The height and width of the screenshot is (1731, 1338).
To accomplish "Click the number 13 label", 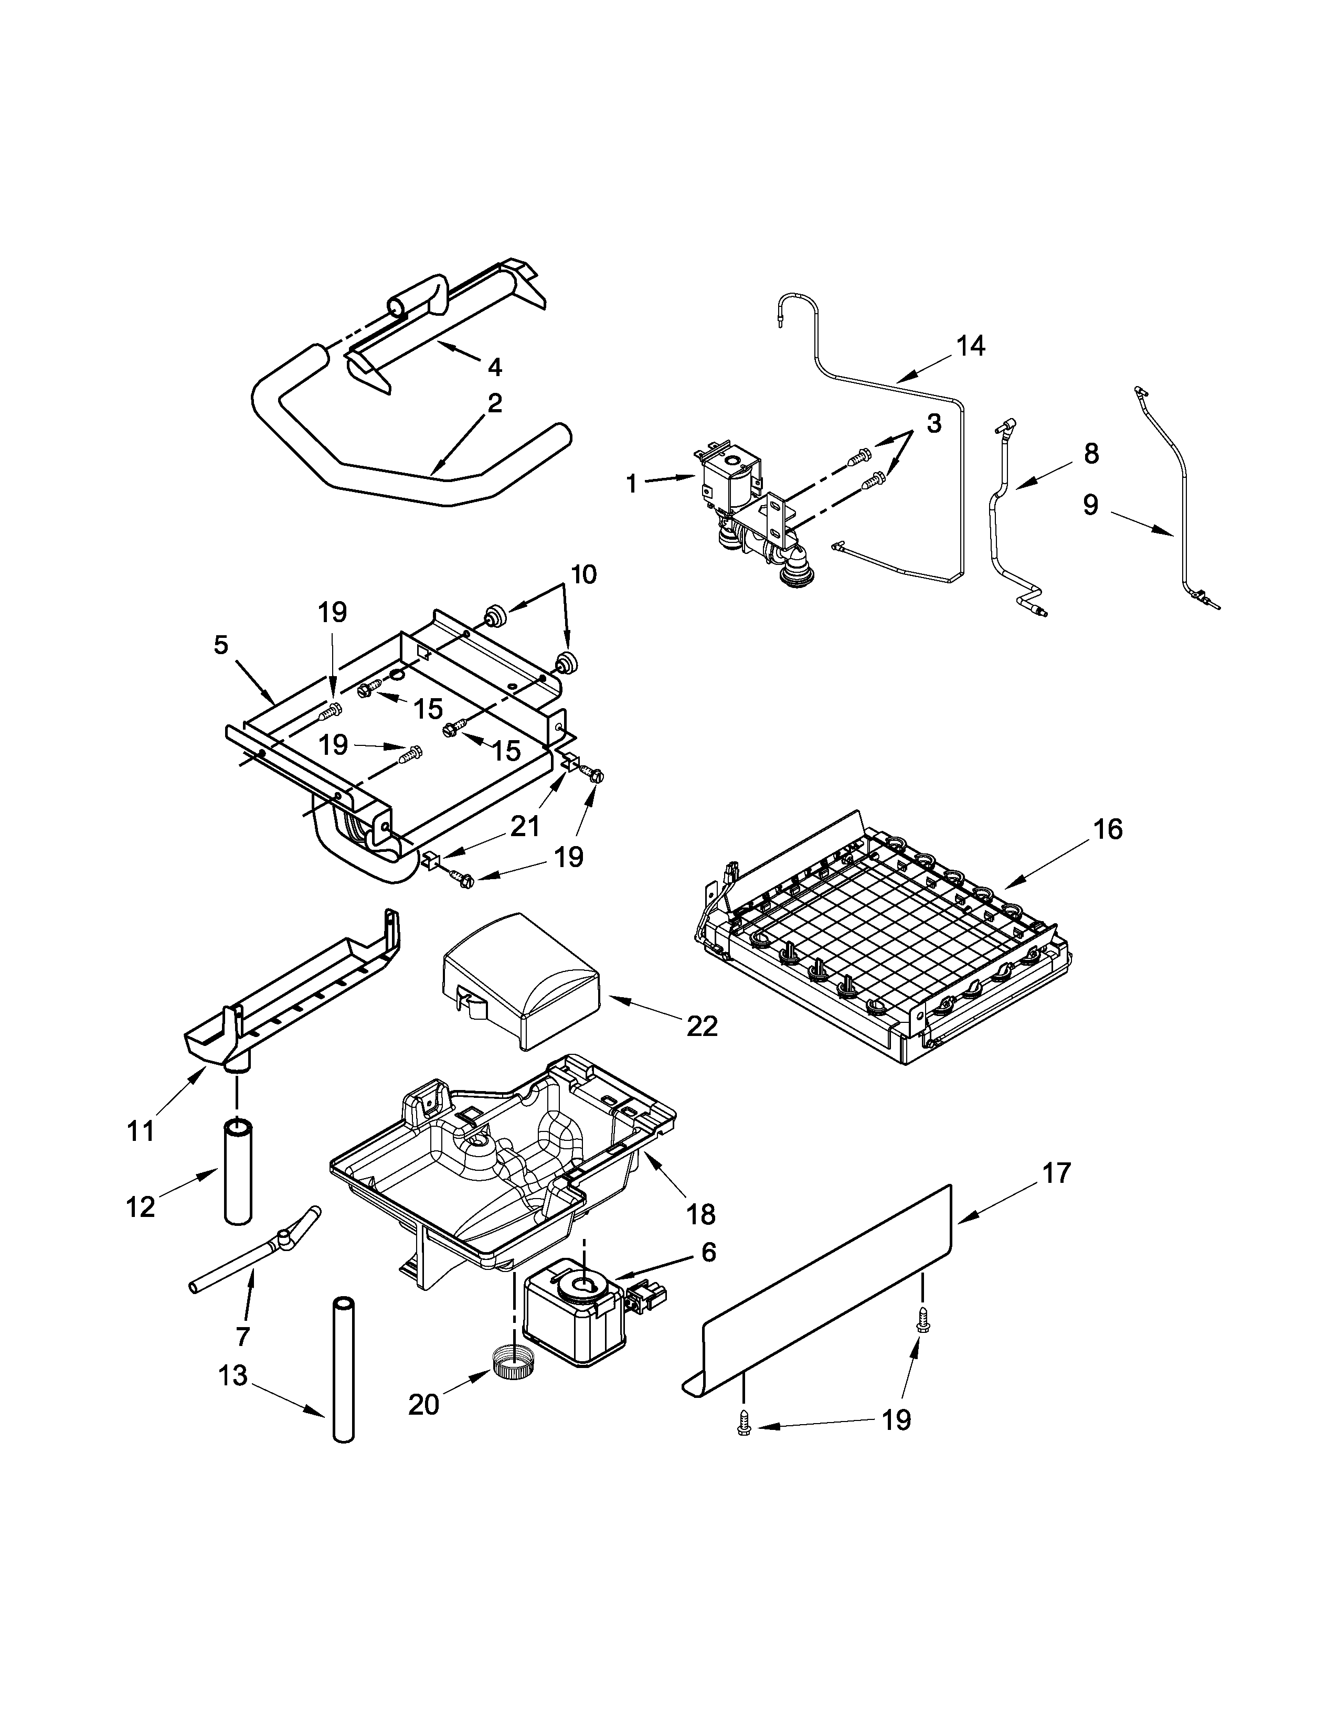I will point(233,1375).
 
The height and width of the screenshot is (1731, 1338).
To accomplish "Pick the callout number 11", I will point(141,1131).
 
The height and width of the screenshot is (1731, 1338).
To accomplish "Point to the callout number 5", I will point(220,644).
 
